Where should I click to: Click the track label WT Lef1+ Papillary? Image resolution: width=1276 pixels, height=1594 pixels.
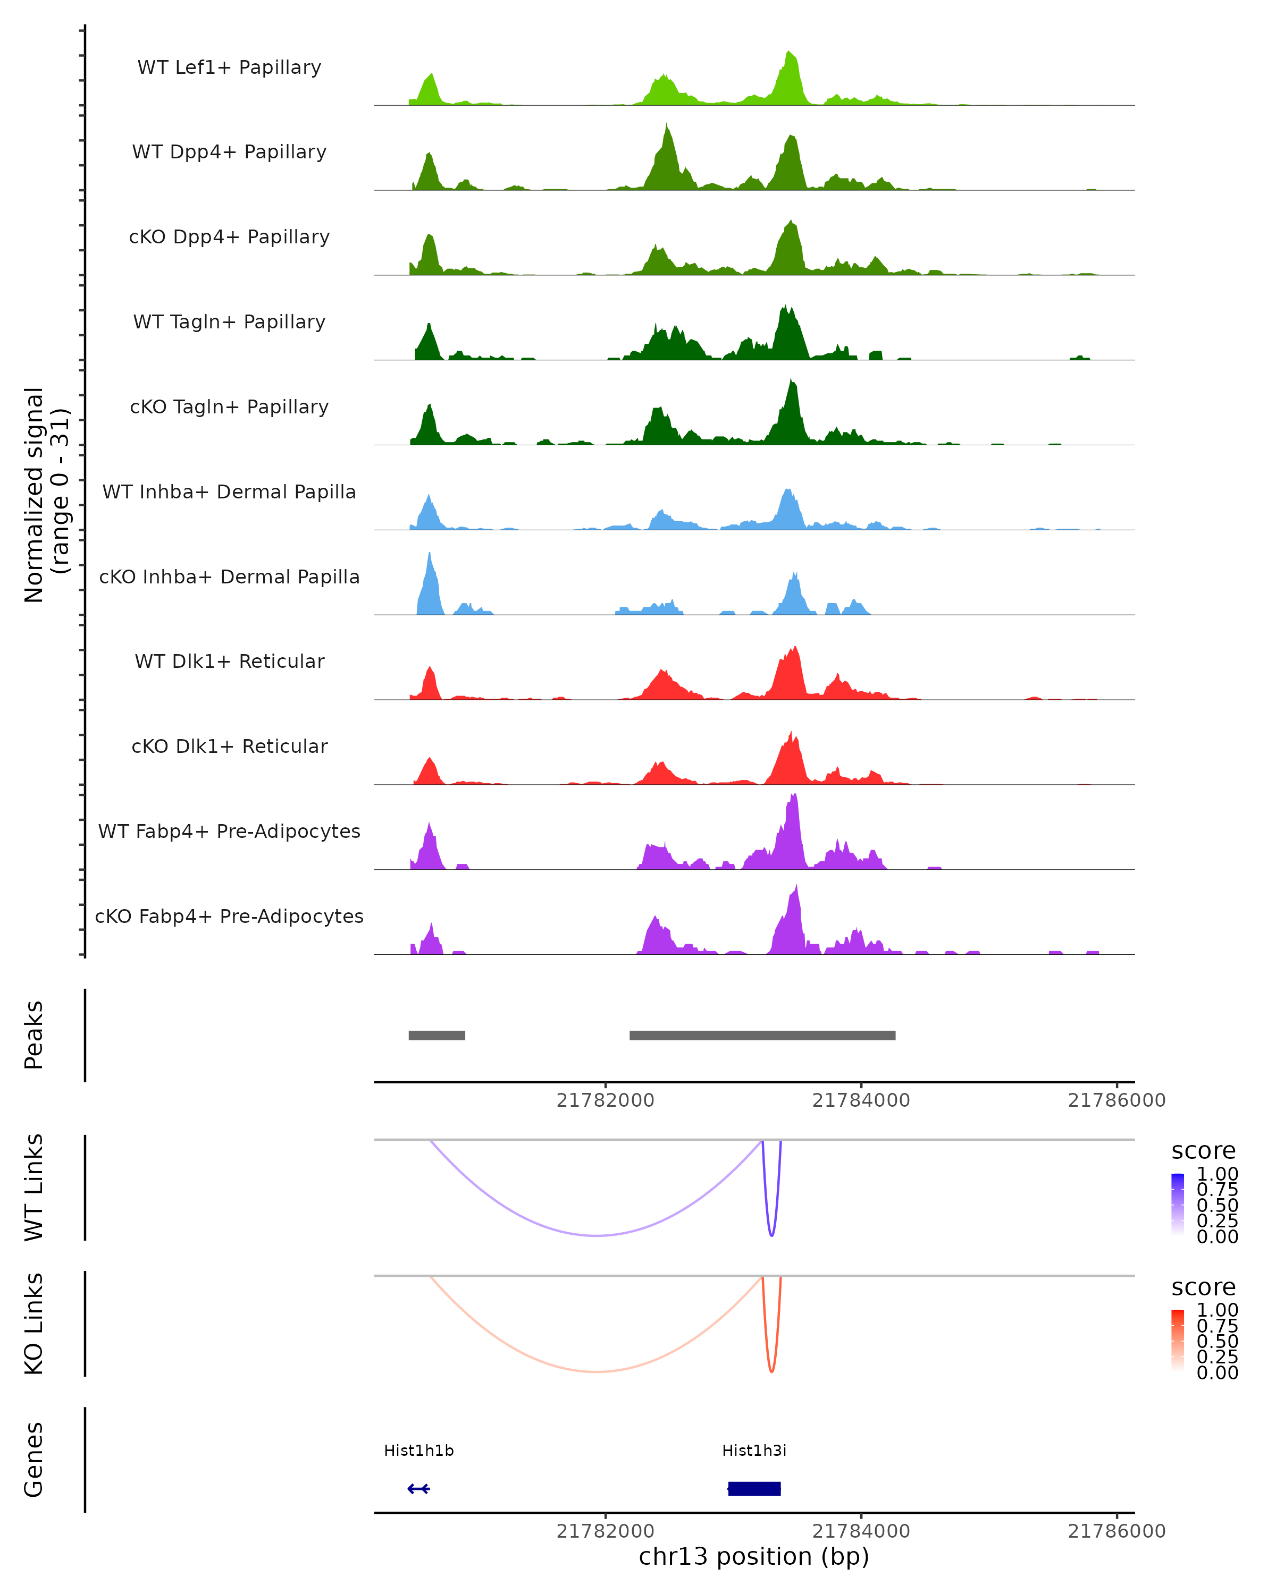[229, 67]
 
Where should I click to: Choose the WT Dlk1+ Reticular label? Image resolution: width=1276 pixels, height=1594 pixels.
[229, 661]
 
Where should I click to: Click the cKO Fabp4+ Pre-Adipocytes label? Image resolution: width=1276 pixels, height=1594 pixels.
[229, 916]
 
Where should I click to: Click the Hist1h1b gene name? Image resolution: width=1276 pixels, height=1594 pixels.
[418, 1450]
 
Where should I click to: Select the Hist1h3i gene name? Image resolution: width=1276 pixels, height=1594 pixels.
[754, 1450]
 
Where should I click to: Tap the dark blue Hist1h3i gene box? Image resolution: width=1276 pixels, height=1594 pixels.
[754, 1488]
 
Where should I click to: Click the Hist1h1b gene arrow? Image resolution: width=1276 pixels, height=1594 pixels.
[418, 1488]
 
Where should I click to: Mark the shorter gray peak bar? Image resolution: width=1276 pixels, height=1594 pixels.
[436, 1035]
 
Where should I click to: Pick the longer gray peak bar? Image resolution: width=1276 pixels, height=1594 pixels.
[762, 1035]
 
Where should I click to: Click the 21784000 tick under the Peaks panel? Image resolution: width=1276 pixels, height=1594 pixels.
[861, 1100]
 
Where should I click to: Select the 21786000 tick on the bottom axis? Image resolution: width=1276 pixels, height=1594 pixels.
[1116, 1531]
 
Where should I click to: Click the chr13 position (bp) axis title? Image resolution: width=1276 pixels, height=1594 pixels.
[754, 1556]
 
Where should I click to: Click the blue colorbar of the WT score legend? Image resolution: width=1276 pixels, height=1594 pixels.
[1178, 1203]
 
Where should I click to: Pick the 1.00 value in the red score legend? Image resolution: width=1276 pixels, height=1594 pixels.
[1217, 1309]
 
